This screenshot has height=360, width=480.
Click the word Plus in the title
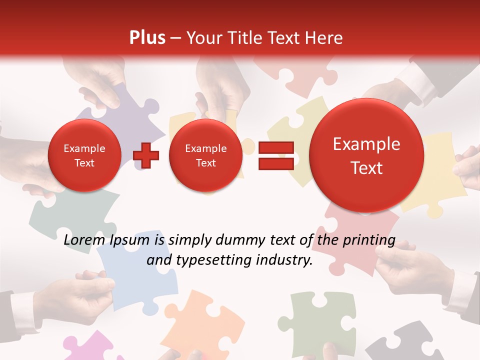pos(147,38)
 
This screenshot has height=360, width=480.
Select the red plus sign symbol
pos(146,155)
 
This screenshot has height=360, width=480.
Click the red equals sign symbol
pos(276,155)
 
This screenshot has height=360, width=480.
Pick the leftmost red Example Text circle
pos(84,155)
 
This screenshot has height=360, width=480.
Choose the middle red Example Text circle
pos(205,155)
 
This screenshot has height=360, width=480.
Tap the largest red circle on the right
pos(366,155)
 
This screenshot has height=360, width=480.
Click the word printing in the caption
pos(369,240)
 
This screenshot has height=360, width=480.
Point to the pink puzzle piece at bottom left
pos(90,348)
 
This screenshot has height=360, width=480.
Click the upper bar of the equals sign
pos(276,148)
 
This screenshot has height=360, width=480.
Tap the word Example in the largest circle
pos(366,144)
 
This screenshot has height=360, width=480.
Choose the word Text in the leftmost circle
pos(84,163)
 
